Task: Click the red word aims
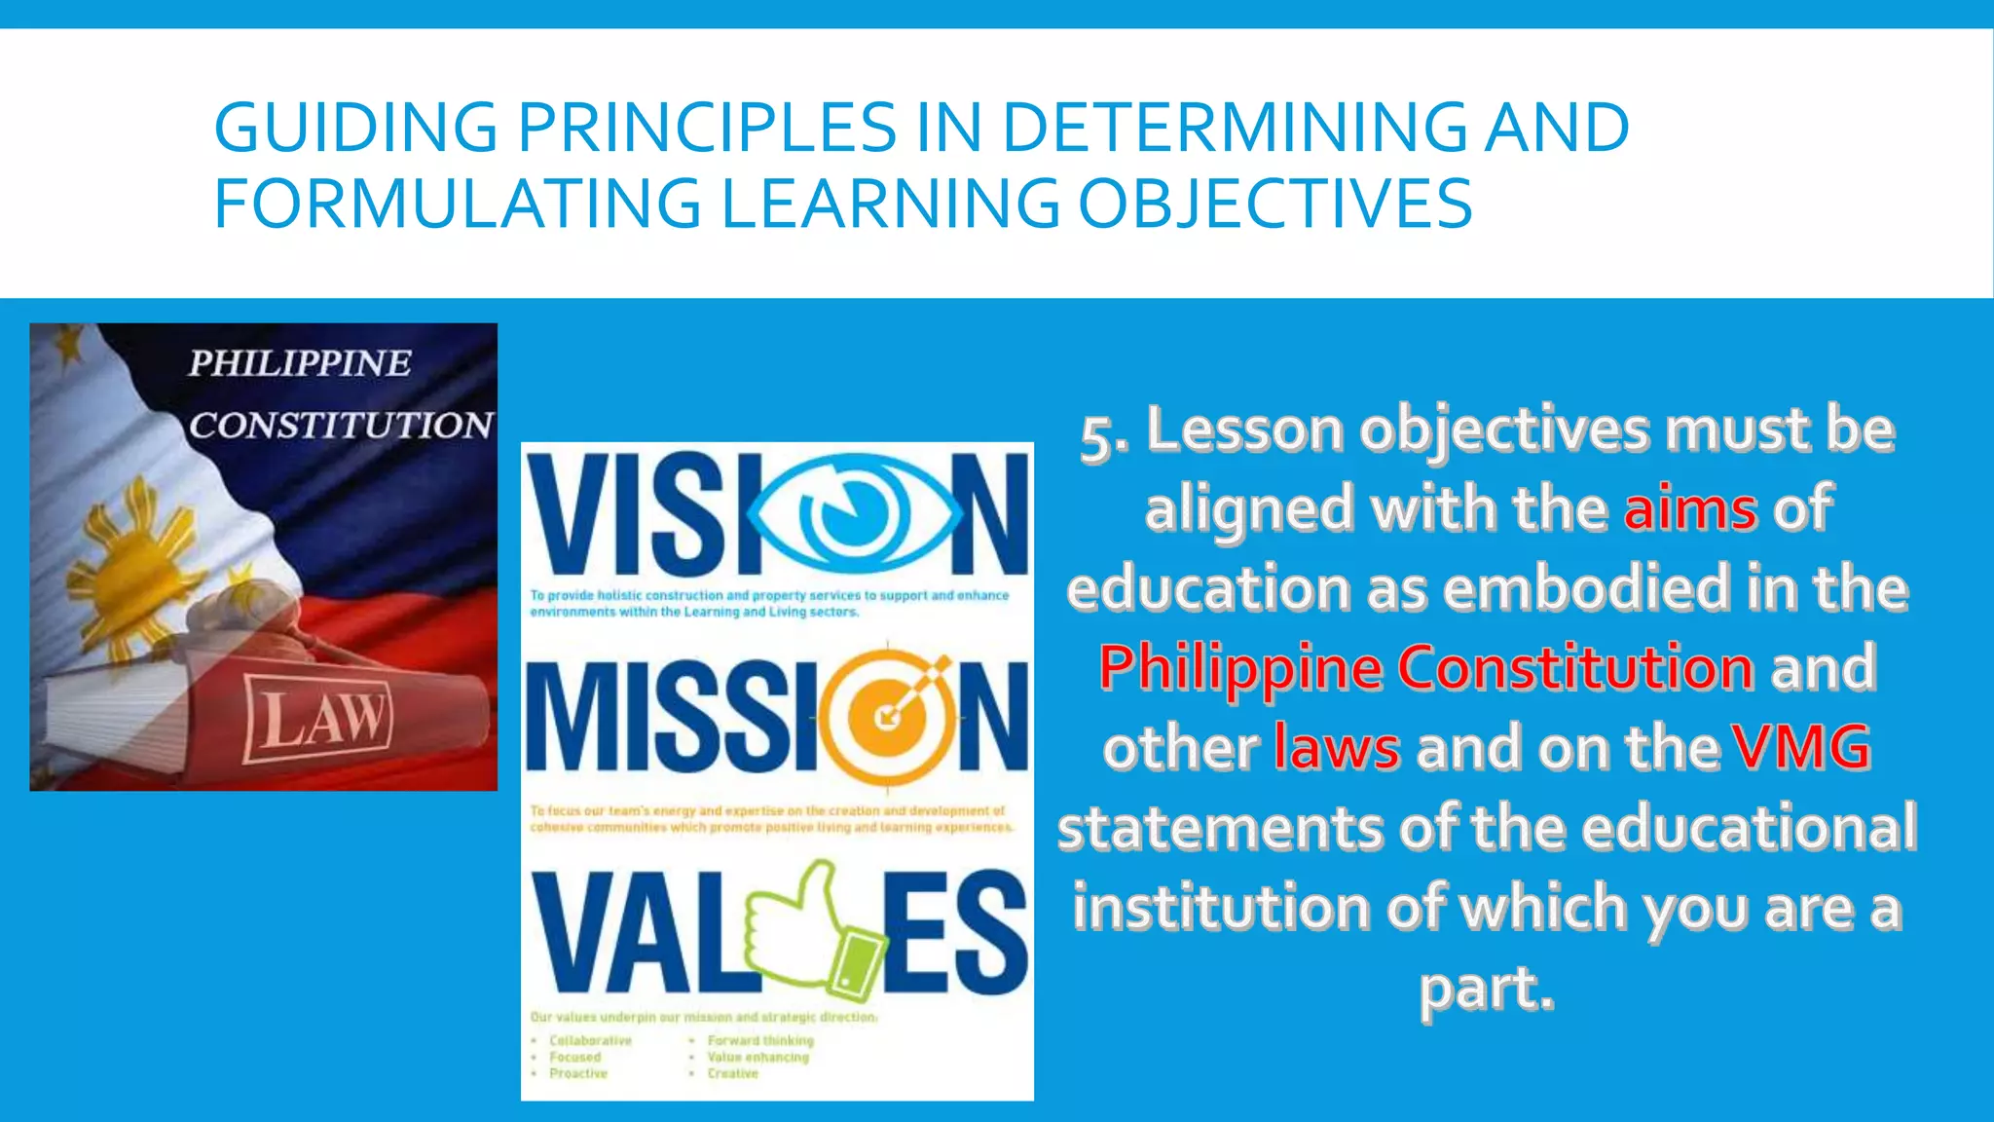click(x=1690, y=508)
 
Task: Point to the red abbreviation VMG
click(x=1801, y=748)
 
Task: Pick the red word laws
click(x=1337, y=748)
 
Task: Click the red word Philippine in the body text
click(x=1240, y=668)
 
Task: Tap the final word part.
click(x=1486, y=988)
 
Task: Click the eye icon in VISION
click(x=856, y=513)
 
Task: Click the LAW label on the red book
click(x=319, y=720)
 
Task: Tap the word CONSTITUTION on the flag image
click(x=340, y=425)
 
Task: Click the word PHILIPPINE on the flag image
click(x=300, y=363)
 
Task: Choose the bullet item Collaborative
click(x=590, y=1040)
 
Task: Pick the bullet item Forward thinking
click(x=759, y=1040)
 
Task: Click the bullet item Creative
click(x=732, y=1073)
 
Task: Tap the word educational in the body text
click(x=1749, y=828)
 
